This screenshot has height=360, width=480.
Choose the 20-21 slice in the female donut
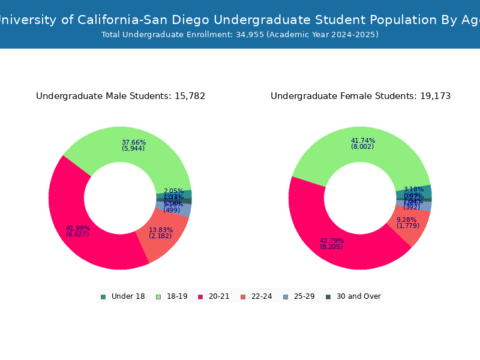point(336,246)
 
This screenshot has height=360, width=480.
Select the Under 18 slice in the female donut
point(423,191)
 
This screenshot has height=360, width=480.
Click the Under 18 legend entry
point(123,296)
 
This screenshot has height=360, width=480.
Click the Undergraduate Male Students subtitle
point(121,96)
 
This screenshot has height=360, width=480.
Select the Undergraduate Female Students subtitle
point(361,96)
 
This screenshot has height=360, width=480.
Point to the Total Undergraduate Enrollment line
point(240,35)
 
